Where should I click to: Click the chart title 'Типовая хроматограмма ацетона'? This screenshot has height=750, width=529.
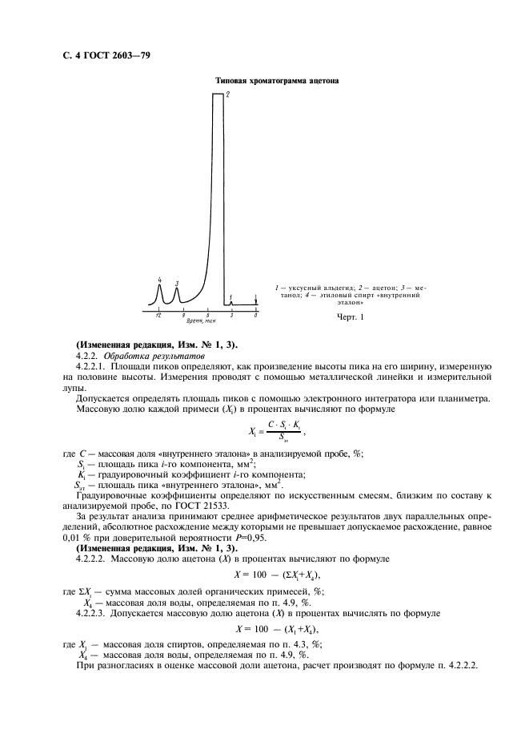(277, 81)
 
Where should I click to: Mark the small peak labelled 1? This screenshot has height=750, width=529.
(231, 302)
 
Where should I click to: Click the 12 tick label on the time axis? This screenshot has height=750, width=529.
(159, 317)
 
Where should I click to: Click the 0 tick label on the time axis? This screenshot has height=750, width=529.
(255, 317)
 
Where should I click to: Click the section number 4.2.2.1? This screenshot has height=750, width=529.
(92, 365)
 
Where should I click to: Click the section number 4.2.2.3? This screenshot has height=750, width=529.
(92, 612)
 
